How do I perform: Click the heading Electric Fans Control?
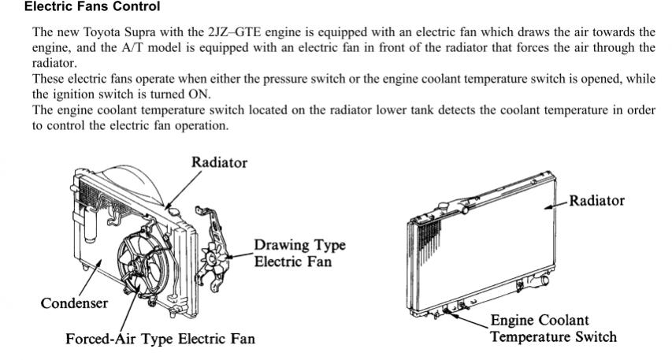[92, 7]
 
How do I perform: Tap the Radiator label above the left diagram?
[219, 162]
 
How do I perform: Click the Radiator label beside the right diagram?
[596, 201]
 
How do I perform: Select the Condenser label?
[74, 303]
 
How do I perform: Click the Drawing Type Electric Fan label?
[299, 253]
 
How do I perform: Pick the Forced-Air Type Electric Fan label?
[160, 339]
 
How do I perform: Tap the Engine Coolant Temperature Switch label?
[553, 328]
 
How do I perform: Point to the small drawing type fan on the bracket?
[213, 258]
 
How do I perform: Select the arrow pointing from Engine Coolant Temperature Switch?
[467, 320]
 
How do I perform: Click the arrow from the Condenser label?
[89, 278]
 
